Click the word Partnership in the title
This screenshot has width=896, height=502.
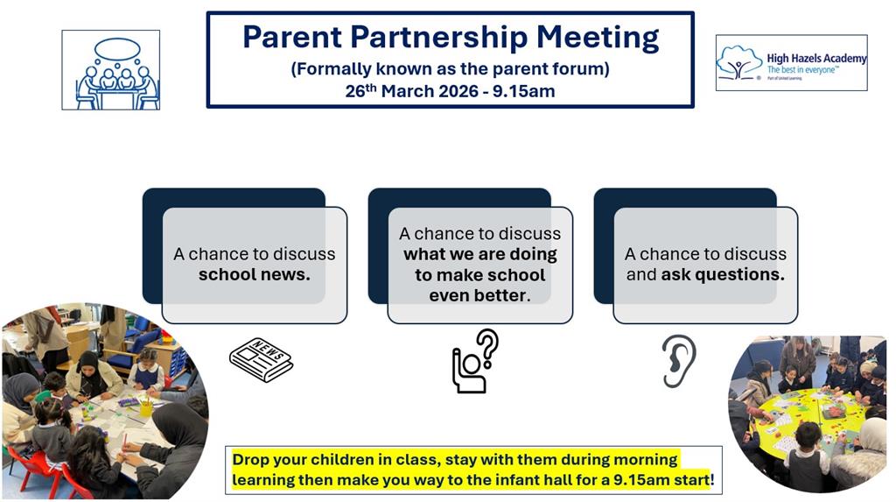(439, 38)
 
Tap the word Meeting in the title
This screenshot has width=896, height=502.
(598, 38)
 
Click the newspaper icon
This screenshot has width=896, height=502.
(261, 359)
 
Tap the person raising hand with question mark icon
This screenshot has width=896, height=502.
(475, 361)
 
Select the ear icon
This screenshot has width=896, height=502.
(678, 361)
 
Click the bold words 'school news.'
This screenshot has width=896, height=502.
(255, 275)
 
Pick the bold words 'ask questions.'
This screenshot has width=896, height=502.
(723, 275)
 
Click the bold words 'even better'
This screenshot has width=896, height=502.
(478, 295)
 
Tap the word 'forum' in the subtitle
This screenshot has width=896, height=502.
(576, 69)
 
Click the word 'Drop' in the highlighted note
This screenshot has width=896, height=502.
(250, 460)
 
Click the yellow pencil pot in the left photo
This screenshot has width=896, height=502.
(146, 408)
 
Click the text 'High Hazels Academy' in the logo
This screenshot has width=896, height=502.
(816, 59)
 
